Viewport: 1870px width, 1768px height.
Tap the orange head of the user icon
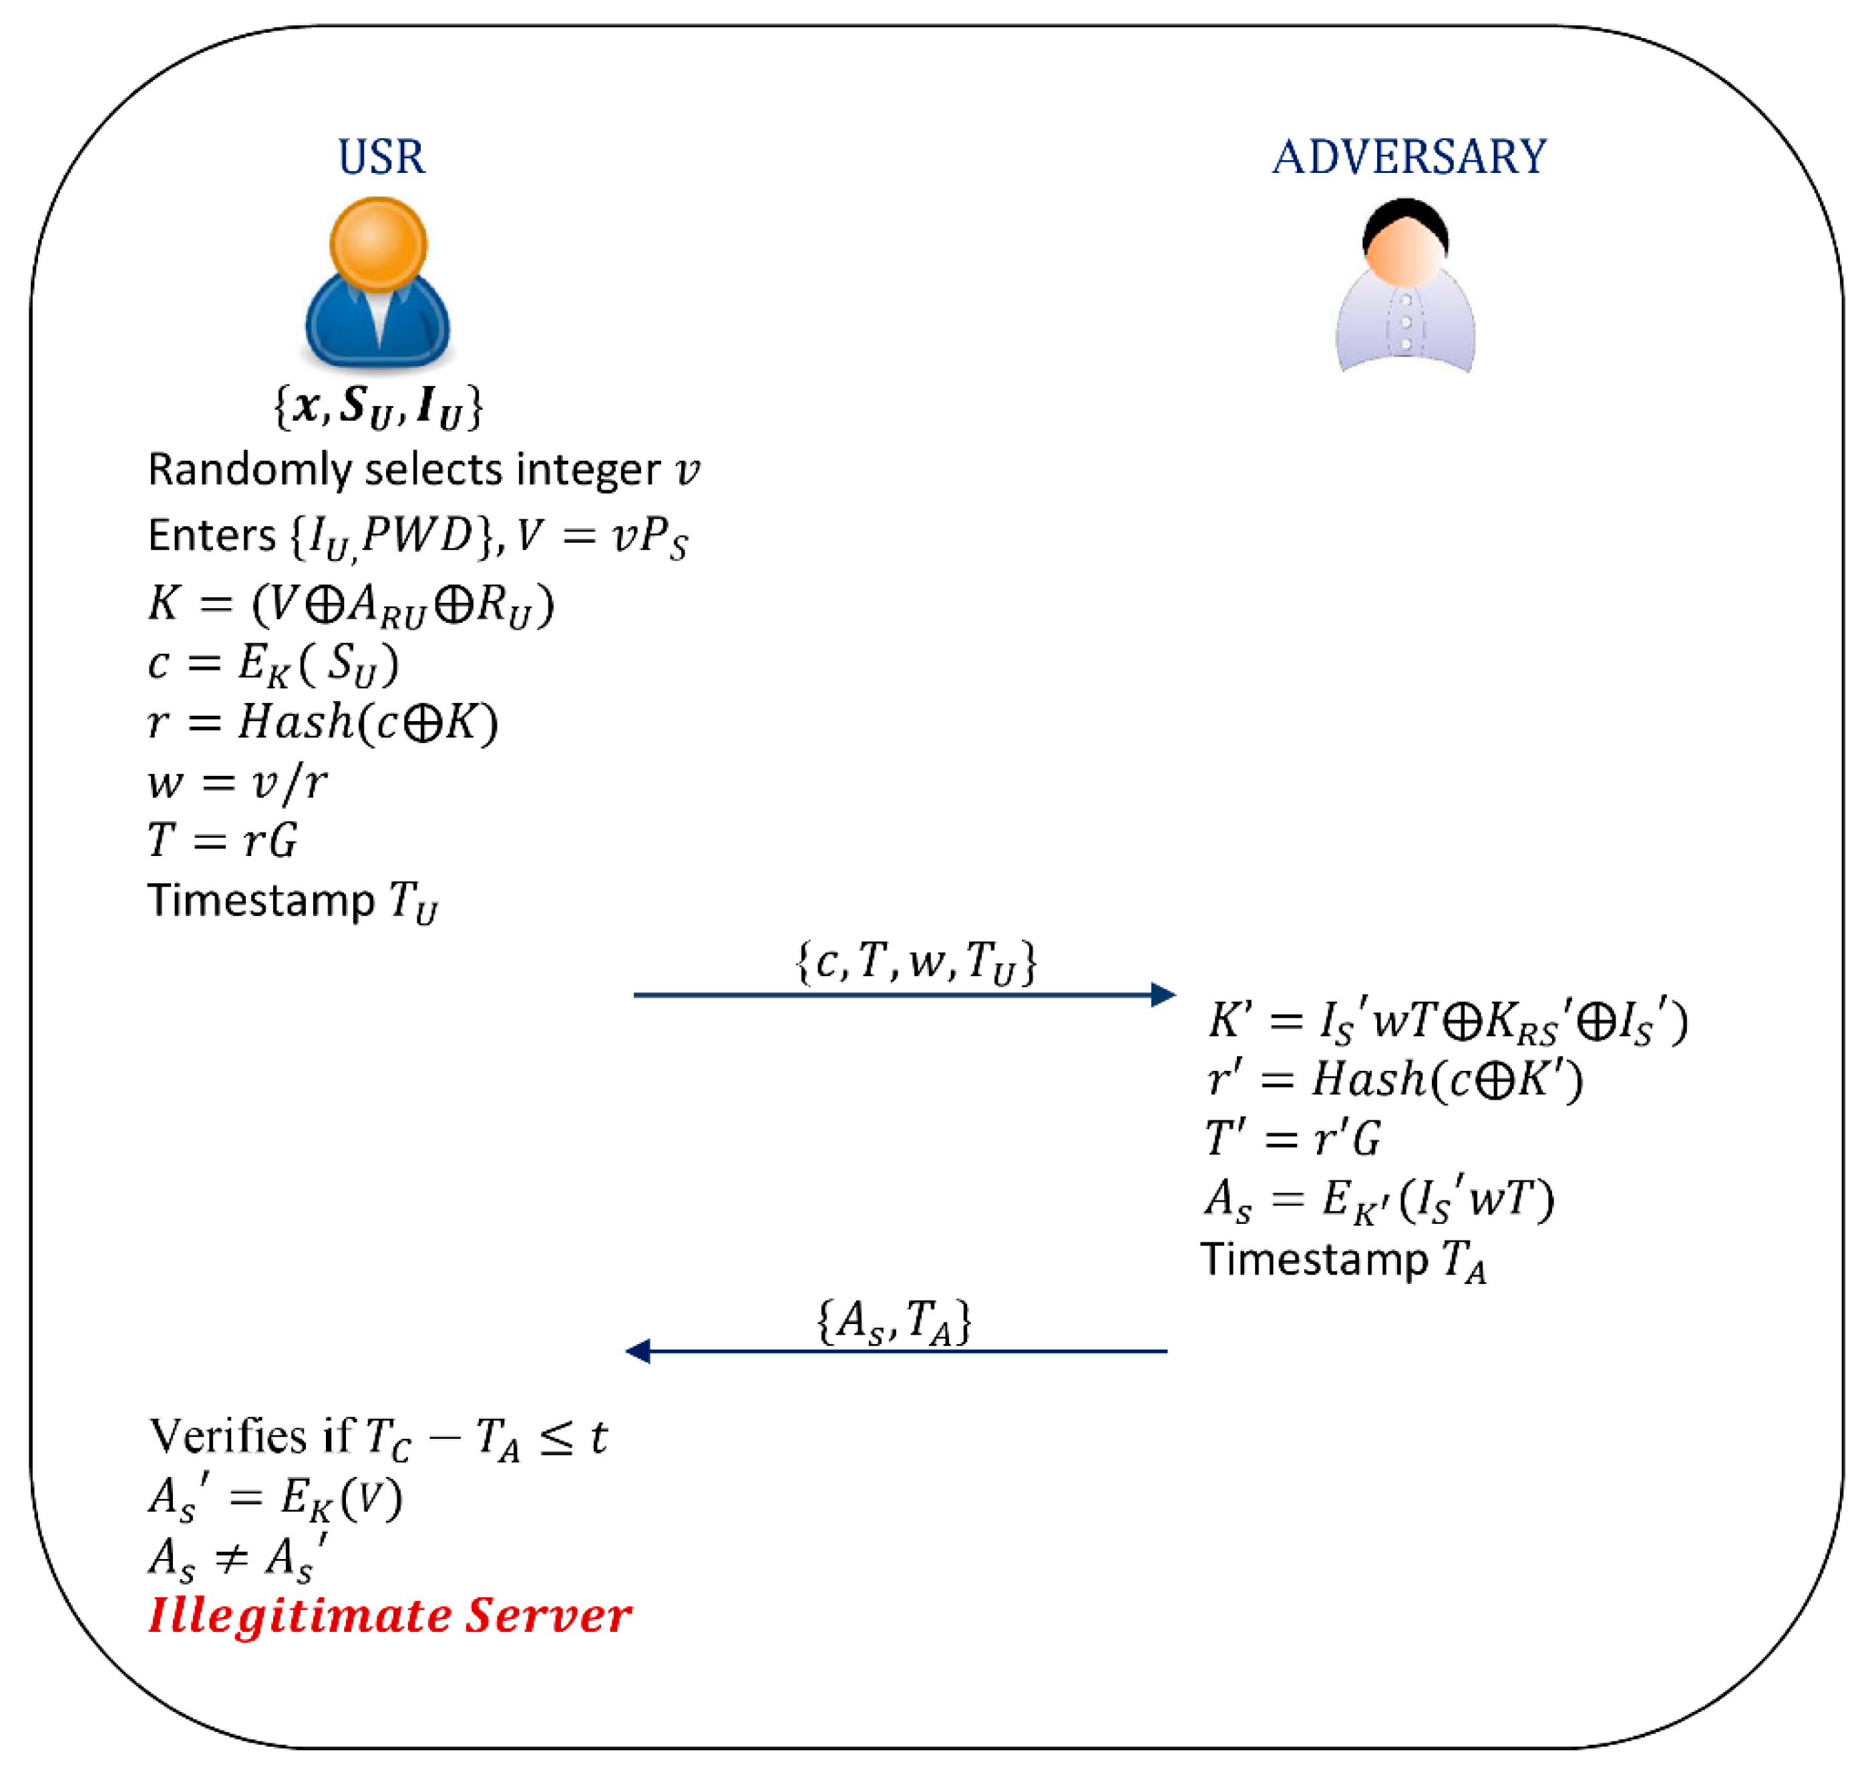tap(378, 243)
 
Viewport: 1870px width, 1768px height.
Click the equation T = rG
tap(222, 840)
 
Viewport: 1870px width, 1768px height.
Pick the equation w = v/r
tap(238, 781)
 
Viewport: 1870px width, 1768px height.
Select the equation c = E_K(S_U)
tap(273, 664)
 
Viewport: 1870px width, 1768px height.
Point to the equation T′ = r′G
tap(1292, 1138)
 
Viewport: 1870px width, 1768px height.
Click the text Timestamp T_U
tap(293, 901)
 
